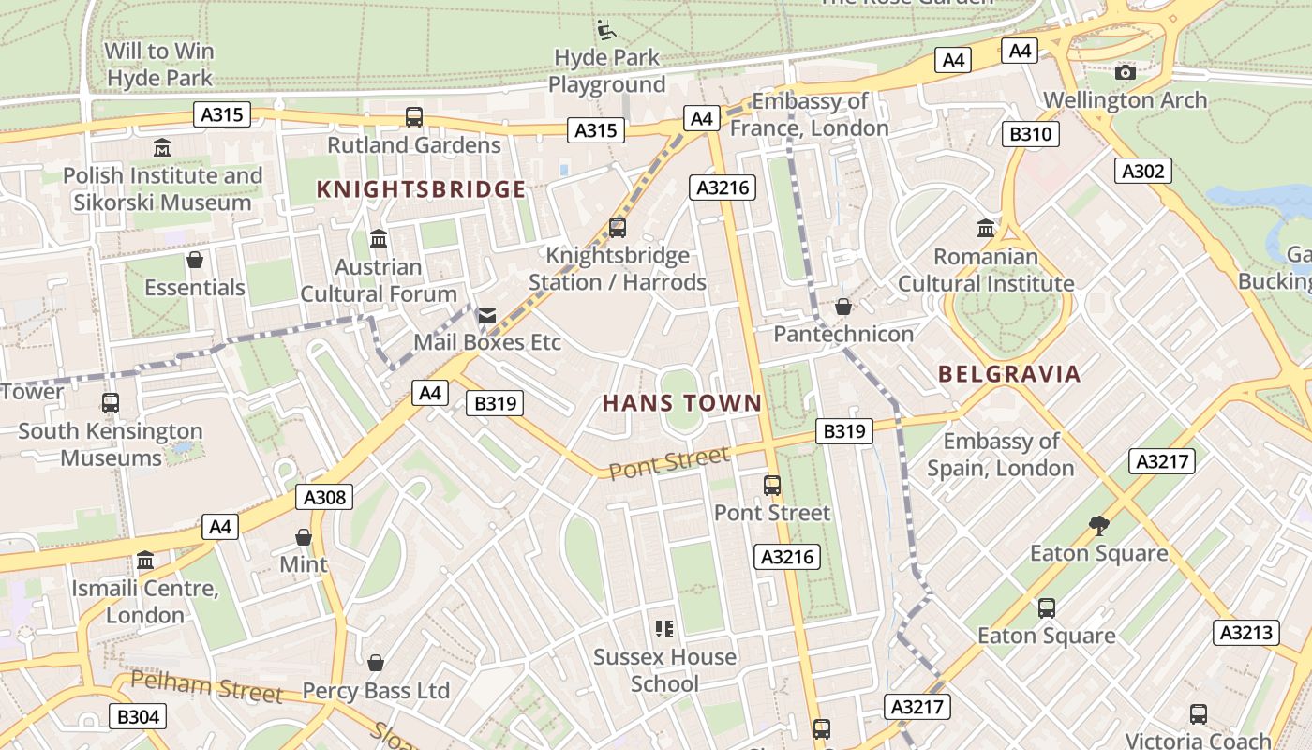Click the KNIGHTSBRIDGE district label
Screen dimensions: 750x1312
(x=421, y=189)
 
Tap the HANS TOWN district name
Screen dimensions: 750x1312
(x=681, y=403)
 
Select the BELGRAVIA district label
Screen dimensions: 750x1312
(x=1009, y=374)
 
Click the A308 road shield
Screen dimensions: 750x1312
(x=324, y=497)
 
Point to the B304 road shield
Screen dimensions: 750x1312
(x=138, y=717)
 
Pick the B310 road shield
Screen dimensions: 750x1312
(x=1031, y=134)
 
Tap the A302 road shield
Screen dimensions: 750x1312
(x=1143, y=171)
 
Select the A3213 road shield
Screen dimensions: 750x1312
(x=1246, y=632)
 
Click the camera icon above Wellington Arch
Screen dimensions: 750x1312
(x=1126, y=72)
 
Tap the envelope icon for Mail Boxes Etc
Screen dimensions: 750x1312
(x=487, y=316)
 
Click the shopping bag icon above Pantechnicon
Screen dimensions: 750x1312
(x=843, y=307)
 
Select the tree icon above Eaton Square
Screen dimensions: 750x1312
(x=1099, y=526)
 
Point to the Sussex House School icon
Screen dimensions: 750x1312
(x=664, y=629)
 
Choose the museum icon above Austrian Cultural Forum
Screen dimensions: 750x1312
(x=379, y=239)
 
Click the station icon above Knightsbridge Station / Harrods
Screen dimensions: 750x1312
(x=617, y=227)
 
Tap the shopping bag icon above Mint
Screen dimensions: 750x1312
(x=304, y=537)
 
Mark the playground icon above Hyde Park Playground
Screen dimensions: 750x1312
(x=606, y=30)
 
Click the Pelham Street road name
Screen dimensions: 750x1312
(x=206, y=687)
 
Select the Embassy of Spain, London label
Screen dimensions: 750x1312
(x=1001, y=455)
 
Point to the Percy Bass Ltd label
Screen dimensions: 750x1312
(x=376, y=691)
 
